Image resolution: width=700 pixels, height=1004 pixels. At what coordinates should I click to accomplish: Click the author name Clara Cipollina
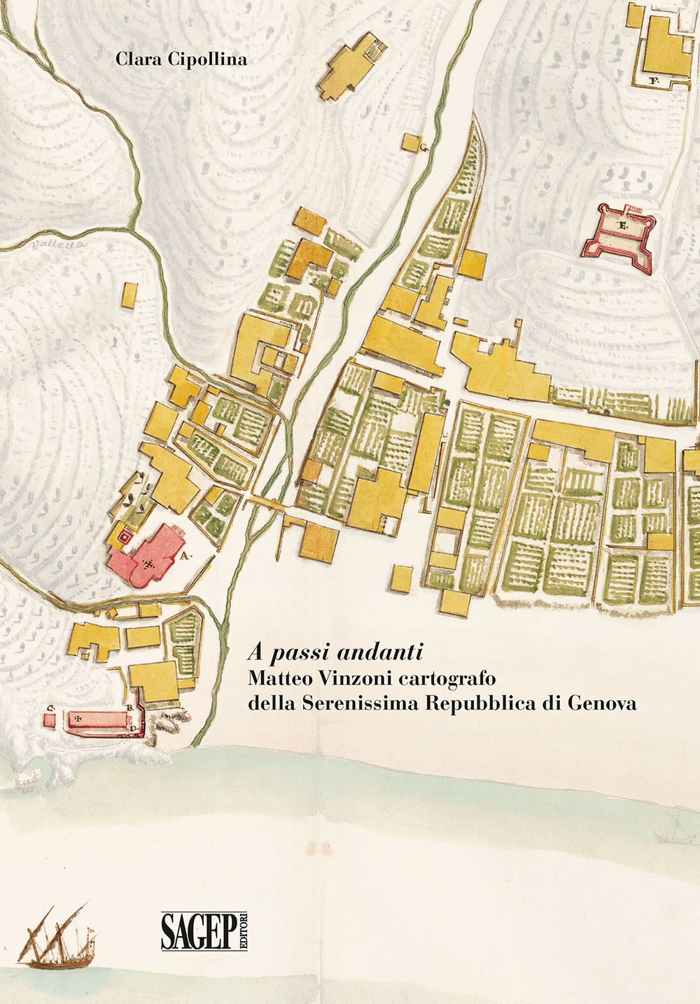[x=181, y=60]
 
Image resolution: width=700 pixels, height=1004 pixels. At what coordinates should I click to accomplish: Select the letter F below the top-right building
[x=654, y=81]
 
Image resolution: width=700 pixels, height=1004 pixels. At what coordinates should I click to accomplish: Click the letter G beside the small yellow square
[x=424, y=146]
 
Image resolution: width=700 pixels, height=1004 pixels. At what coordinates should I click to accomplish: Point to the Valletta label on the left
[x=57, y=245]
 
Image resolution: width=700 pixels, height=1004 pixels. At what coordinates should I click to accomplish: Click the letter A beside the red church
[x=186, y=557]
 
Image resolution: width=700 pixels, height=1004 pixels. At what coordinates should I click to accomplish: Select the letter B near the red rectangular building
[x=130, y=708]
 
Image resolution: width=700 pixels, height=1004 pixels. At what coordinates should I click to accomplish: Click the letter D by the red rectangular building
[x=134, y=729]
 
